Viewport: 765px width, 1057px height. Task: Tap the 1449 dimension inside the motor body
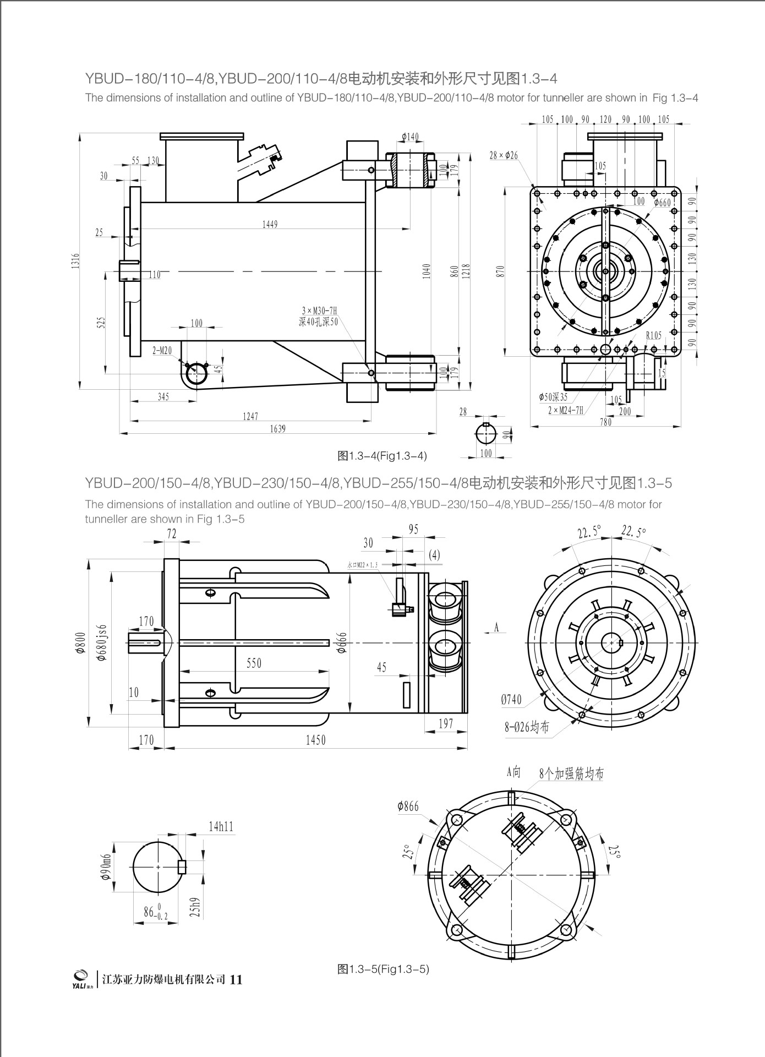[270, 224]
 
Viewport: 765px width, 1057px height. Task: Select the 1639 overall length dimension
[278, 429]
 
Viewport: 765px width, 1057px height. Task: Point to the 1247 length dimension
[250, 417]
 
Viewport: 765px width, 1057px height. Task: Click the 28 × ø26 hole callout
[504, 156]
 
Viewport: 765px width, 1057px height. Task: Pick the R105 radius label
[654, 335]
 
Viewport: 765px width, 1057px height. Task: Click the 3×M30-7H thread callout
[319, 311]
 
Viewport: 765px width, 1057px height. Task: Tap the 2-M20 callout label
[162, 350]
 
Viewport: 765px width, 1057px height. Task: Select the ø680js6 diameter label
[102, 642]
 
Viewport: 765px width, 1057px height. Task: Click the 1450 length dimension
[315, 740]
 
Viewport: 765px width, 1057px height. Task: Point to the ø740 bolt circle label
[511, 700]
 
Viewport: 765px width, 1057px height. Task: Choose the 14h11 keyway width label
[221, 826]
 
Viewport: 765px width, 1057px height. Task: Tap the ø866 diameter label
[408, 807]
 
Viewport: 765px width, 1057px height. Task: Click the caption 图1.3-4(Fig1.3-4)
[382, 456]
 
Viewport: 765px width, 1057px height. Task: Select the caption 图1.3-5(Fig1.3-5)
[383, 984]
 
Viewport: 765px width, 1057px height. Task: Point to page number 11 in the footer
[236, 995]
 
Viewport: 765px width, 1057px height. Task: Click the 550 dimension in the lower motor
[254, 663]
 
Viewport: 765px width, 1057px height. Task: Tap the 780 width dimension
[605, 422]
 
